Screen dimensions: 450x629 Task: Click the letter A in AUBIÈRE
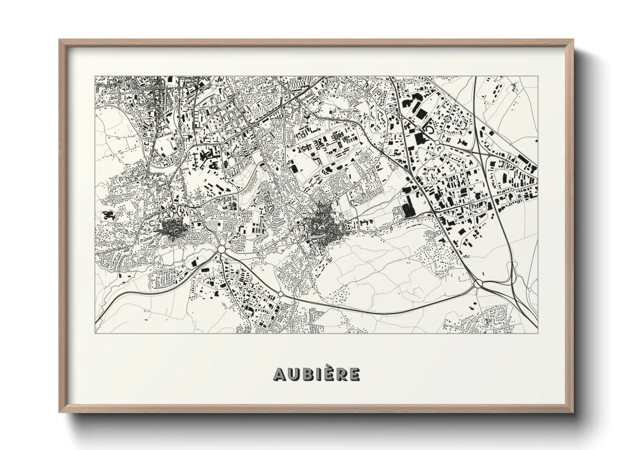280,374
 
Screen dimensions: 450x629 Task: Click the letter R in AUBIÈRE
340,374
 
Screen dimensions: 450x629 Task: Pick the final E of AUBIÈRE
354,374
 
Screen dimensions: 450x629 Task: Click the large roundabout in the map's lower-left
221,248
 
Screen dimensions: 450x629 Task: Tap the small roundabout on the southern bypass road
281,294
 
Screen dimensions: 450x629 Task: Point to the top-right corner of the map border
538,77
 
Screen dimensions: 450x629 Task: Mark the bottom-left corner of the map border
95,333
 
